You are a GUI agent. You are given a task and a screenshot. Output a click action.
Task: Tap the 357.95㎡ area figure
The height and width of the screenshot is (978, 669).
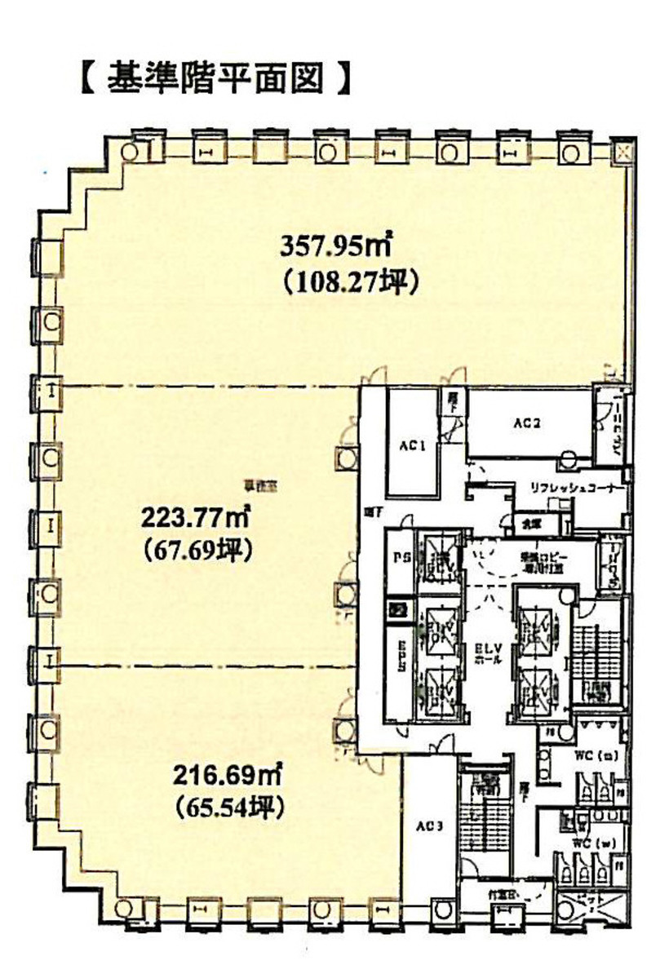click(x=335, y=246)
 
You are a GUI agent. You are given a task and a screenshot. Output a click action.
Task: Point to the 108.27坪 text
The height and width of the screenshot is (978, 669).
click(x=351, y=282)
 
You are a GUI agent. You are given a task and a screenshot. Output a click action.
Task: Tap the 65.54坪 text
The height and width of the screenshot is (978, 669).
click(x=228, y=808)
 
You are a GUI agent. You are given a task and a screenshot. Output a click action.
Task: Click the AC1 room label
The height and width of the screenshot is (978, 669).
click(x=414, y=446)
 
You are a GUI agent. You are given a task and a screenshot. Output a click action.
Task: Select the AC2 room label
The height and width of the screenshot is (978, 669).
click(x=528, y=423)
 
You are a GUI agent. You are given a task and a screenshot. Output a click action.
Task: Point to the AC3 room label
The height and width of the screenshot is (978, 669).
click(x=430, y=827)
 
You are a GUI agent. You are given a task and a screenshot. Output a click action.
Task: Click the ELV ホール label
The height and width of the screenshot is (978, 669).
click(x=488, y=653)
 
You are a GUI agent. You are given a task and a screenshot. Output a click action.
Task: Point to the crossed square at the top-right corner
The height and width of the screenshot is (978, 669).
click(x=622, y=153)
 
